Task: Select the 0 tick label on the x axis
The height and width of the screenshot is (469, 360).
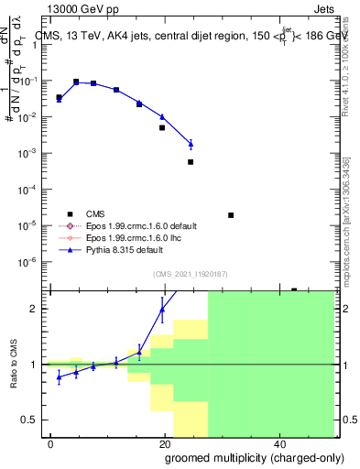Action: (x=51, y=444)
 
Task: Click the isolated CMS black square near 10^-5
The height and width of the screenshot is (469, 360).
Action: (x=231, y=215)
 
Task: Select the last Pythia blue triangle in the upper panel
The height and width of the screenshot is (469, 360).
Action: (x=191, y=144)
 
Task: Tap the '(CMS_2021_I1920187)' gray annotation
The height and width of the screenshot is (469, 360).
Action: (x=190, y=274)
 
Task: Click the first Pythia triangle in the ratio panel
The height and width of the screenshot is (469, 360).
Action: (x=59, y=376)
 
